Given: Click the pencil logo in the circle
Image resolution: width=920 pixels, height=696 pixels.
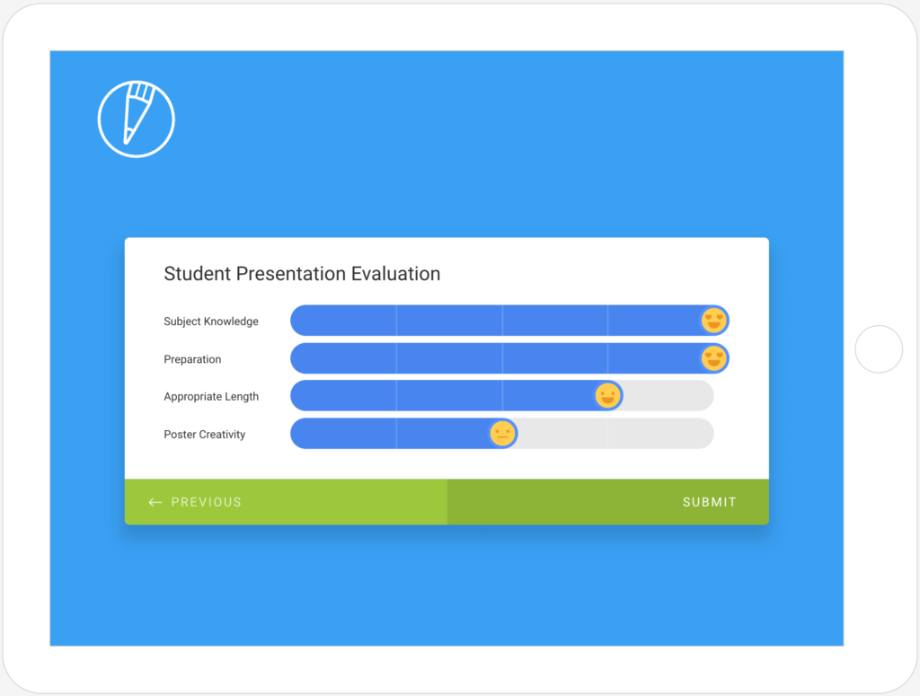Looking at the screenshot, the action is point(137,119).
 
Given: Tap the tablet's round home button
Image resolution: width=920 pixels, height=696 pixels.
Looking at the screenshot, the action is point(879,348).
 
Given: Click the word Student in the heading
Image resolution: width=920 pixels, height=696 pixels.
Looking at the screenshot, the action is point(197,274).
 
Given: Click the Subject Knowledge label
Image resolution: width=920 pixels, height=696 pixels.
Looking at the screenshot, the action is point(210,322).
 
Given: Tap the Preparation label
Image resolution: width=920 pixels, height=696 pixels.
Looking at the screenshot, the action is point(192,359).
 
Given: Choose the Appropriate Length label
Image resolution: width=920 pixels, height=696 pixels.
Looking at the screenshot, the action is point(211,397).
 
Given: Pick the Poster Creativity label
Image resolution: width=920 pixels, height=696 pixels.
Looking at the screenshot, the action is point(204,435).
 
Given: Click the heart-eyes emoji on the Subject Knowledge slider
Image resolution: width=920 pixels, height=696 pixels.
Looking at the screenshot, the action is point(714,321).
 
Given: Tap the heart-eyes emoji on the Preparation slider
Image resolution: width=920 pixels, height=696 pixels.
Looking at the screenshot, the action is point(714,358).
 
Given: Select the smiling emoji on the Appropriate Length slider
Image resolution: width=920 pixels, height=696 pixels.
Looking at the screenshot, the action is point(608,396).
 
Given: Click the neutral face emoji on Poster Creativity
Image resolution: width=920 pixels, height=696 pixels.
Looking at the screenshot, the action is point(502,434).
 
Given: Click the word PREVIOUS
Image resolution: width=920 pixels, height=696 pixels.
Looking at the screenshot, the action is point(206,502).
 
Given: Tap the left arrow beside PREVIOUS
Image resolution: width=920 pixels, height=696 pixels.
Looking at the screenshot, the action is point(155,502).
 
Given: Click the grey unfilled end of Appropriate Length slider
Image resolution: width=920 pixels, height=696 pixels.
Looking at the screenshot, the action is point(668,396).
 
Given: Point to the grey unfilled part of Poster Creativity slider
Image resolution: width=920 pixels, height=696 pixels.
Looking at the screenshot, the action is point(615,434).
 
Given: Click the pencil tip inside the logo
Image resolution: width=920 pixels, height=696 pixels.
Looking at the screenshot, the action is point(127,139).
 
